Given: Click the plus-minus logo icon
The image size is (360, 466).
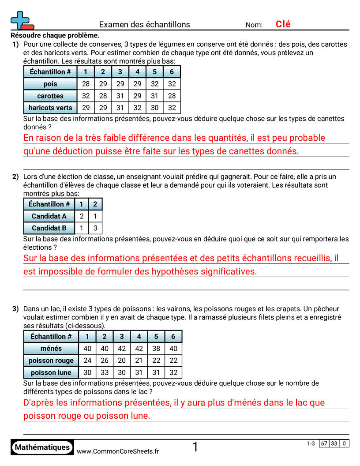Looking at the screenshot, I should point(22,20).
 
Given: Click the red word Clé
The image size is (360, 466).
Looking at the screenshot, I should point(283,24).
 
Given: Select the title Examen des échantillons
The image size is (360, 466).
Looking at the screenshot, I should point(144,25).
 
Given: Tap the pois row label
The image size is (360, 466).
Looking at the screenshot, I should point(50,84).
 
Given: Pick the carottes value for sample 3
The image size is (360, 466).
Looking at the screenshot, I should point(120,96).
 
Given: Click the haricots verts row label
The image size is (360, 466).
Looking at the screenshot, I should point(50,108).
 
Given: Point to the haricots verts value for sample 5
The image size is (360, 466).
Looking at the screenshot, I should point(154,108).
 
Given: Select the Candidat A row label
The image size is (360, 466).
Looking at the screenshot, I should point(49,216).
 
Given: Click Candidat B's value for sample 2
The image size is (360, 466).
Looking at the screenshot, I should point(95,228).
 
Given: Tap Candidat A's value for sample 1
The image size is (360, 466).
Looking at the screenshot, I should point(82,216).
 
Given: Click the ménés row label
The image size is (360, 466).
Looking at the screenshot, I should point(51,349).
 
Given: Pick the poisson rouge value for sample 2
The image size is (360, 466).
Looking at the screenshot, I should point(105,361).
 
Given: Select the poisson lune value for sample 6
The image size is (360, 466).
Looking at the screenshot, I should point(173,372).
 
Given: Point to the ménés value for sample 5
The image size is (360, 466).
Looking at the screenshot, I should point(156,349).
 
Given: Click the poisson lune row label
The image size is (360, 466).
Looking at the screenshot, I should point(51,372).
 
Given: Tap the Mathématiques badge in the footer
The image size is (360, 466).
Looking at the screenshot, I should point(42,447).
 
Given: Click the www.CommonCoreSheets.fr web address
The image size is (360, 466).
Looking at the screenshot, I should point(118,451).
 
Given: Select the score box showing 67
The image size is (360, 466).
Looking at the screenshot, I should point(324,443).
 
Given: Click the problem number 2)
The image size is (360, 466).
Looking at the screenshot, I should point(15,177).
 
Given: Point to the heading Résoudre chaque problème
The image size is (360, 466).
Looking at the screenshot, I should point(55,35).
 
